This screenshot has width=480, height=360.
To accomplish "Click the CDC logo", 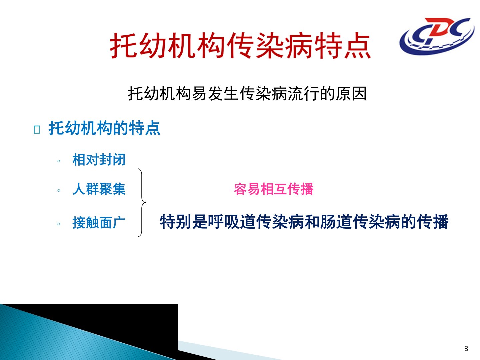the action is (437, 36).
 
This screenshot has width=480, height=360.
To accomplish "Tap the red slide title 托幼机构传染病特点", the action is (240, 46).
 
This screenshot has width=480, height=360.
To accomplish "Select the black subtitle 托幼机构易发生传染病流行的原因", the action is (247, 94).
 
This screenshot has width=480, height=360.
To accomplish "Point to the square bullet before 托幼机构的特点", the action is (37, 130).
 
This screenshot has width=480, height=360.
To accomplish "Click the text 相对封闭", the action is (99, 160).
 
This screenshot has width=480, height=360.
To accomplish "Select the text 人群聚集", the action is (99, 189).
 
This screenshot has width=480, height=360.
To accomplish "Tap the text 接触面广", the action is (99, 223).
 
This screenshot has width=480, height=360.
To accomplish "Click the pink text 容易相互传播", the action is (274, 189).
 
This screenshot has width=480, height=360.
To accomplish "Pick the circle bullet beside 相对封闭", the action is (59, 161).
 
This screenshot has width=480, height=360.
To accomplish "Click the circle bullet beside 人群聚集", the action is (59, 191).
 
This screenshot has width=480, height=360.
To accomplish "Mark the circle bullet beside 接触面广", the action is (59, 224).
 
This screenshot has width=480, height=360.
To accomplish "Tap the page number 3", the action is (466, 348).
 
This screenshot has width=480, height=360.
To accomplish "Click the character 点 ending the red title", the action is (358, 46).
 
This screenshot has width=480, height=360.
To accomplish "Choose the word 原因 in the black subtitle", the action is (351, 94).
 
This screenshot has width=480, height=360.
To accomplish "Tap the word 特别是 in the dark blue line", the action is (184, 222).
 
